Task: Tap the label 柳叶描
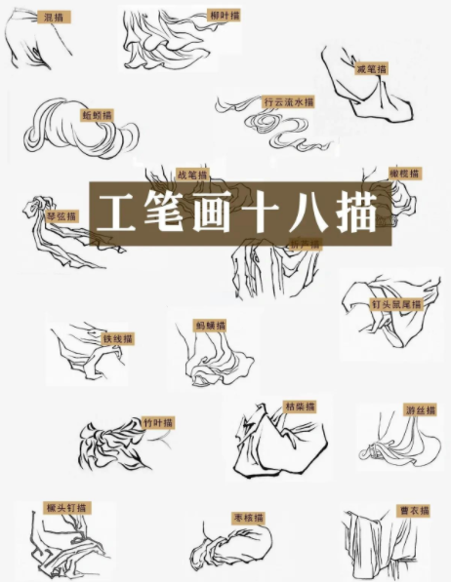pyautogui.click(x=225, y=16)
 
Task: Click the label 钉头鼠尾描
pyautogui.click(x=396, y=304)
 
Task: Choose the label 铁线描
pyautogui.click(x=118, y=338)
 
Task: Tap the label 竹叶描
pyautogui.click(x=157, y=423)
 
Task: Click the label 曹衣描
pyautogui.click(x=411, y=508)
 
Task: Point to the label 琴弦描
pyautogui.click(x=61, y=216)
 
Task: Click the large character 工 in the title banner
pyautogui.click(x=121, y=210)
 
